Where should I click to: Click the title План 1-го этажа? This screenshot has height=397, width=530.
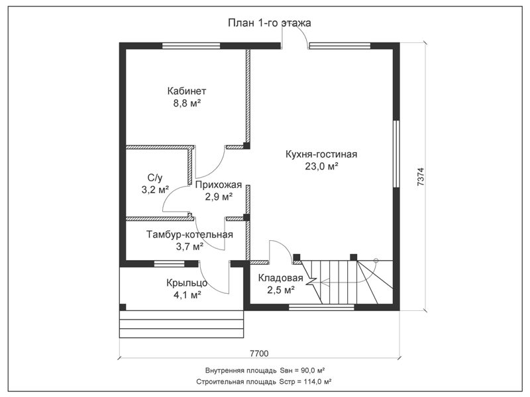click(x=270, y=23)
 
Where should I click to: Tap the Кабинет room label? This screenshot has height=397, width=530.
click(x=187, y=91)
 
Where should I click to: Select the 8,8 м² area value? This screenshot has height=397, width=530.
click(x=187, y=103)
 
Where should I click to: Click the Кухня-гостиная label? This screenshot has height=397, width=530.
click(x=321, y=154)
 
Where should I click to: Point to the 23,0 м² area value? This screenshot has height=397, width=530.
click(x=322, y=166)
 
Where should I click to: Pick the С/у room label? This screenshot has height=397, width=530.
click(x=155, y=177)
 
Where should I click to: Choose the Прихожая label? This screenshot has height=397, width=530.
click(x=219, y=185)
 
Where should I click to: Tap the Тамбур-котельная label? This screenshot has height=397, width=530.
click(x=189, y=234)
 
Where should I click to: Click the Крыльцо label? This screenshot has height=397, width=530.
click(x=187, y=283)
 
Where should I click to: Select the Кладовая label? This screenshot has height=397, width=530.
click(x=280, y=278)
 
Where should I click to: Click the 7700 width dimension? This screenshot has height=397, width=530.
click(x=259, y=353)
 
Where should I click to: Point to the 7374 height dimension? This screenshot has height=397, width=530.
click(x=421, y=177)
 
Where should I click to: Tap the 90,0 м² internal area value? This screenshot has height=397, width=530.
click(x=310, y=371)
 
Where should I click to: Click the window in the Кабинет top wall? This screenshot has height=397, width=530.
click(x=191, y=46)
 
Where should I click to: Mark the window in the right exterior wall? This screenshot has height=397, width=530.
click(x=396, y=154)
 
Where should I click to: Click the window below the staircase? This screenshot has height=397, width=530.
click(x=321, y=307)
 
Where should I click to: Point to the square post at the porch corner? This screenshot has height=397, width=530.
click(x=123, y=307)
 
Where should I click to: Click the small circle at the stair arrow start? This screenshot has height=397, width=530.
click(x=376, y=260)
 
